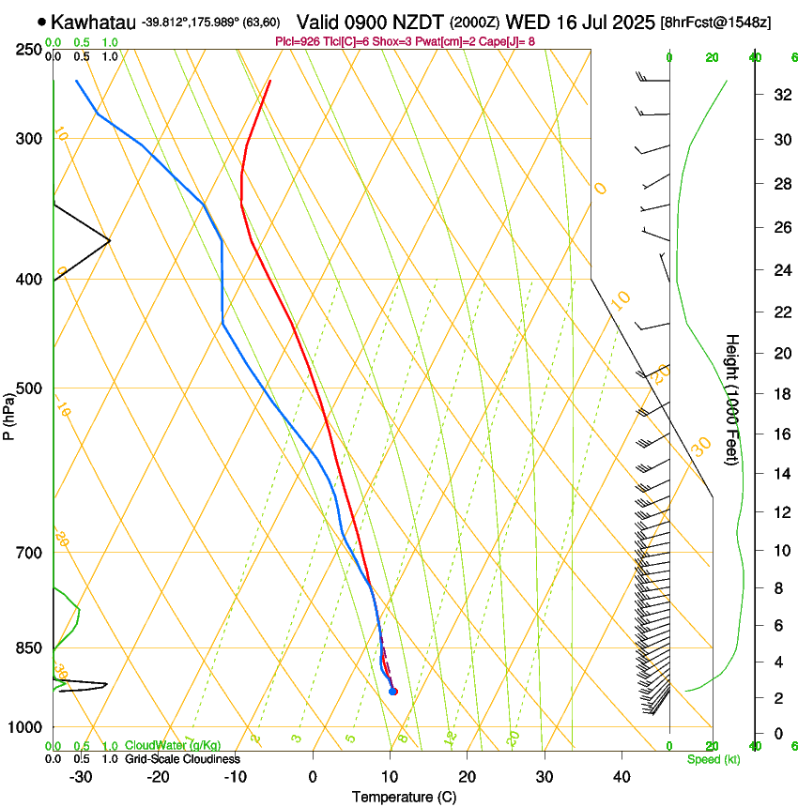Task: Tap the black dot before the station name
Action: pyautogui.click(x=42, y=21)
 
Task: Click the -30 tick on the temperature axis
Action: pyautogui.click(x=81, y=776)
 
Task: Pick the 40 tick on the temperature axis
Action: pyautogui.click(x=622, y=776)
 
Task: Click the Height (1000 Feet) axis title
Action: pyautogui.click(x=733, y=400)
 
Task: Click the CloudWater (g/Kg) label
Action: pyautogui.click(x=172, y=745)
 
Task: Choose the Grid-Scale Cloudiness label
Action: pyautogui.click(x=182, y=758)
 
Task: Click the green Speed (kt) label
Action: pyautogui.click(x=713, y=758)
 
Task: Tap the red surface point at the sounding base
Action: pyautogui.click(x=393, y=692)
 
